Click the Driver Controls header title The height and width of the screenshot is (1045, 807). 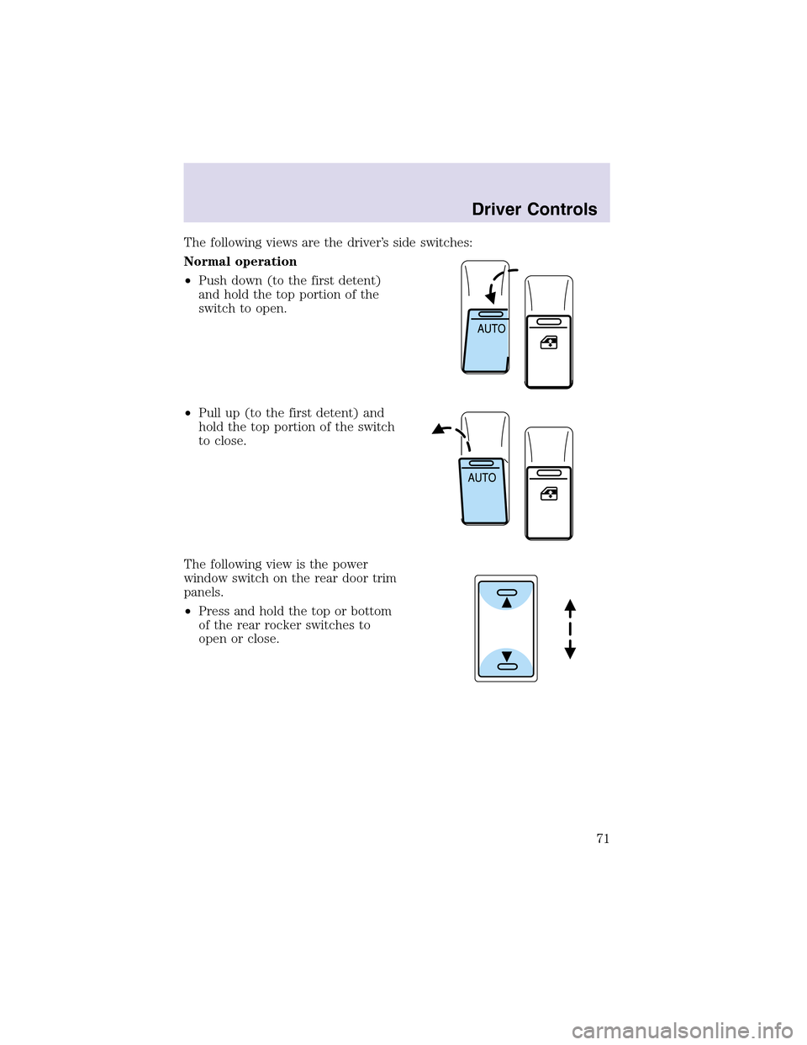(534, 210)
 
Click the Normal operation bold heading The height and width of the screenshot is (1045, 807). (240, 263)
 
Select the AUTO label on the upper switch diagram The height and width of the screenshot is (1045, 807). (492, 329)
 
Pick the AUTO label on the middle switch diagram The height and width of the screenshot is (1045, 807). (482, 478)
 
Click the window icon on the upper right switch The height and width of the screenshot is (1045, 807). (549, 342)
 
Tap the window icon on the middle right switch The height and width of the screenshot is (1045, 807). (549, 493)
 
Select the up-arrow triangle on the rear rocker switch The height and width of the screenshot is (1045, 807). (506, 602)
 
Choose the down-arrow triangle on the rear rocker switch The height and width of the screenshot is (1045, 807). (506, 656)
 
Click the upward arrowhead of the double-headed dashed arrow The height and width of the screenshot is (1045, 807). (570, 605)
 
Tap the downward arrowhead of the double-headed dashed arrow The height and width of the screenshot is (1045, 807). (570, 653)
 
